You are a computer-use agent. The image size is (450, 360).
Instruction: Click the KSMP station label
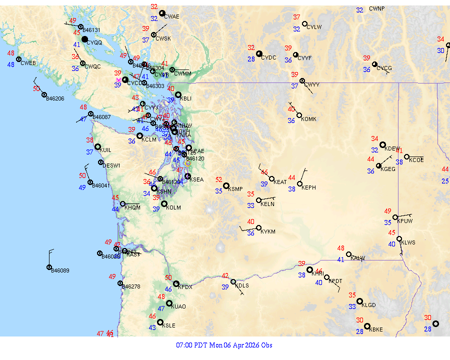pos(235,189)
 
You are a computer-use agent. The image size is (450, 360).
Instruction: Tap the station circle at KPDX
pos(175,284)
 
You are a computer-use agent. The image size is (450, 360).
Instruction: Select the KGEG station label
pos(388,169)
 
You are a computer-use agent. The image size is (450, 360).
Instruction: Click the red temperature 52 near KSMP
pos(219,179)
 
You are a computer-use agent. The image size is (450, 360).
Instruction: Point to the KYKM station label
pos(268,232)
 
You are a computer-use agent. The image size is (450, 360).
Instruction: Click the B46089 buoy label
pos(60,270)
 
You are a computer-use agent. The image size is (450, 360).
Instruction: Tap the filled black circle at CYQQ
pos(85,39)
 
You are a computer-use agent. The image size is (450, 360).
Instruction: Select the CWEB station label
pos(28,63)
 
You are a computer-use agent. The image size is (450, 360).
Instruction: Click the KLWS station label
pos(408,242)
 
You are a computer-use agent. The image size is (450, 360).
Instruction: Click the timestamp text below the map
pos(224,345)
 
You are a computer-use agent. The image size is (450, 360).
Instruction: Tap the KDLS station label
pos(242,285)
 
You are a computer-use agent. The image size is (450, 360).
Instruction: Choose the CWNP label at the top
pos(377,9)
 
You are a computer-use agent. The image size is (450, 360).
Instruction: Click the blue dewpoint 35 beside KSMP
pos(219,190)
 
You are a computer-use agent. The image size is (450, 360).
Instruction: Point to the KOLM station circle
pos(164,203)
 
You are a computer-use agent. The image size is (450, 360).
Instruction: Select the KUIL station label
pos(105,150)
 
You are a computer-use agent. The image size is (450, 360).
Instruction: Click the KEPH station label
pos(309,187)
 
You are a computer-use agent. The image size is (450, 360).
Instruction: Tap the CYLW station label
pos(314,27)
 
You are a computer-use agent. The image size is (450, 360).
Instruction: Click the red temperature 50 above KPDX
pos(168,277)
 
